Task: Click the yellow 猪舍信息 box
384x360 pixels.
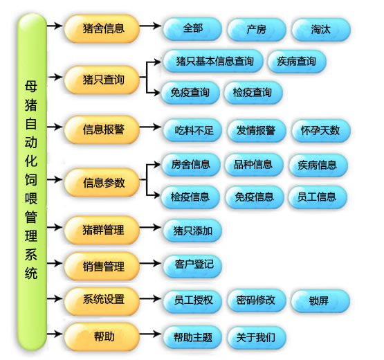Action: (102, 28)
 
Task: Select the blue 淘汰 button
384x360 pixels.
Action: (321, 29)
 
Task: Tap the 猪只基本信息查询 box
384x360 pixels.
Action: (213, 61)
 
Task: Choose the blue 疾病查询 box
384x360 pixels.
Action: (297, 61)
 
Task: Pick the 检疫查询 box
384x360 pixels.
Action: (253, 93)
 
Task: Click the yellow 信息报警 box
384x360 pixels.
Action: (102, 129)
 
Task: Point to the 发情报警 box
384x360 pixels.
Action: (256, 130)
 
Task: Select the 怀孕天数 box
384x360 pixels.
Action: (321, 130)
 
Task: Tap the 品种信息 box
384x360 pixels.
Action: (254, 165)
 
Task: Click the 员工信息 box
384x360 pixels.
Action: (318, 197)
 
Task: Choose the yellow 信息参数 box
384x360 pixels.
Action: (102, 182)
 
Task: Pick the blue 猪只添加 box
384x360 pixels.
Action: (192, 231)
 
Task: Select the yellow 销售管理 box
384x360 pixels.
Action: (102, 266)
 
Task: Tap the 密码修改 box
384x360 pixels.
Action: (256, 300)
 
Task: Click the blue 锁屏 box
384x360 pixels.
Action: (320, 300)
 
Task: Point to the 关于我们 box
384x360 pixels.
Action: (256, 337)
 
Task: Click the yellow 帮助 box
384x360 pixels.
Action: (102, 336)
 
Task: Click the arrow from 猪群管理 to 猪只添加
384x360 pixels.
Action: (150, 227)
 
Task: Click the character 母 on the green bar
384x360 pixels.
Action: (31, 87)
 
